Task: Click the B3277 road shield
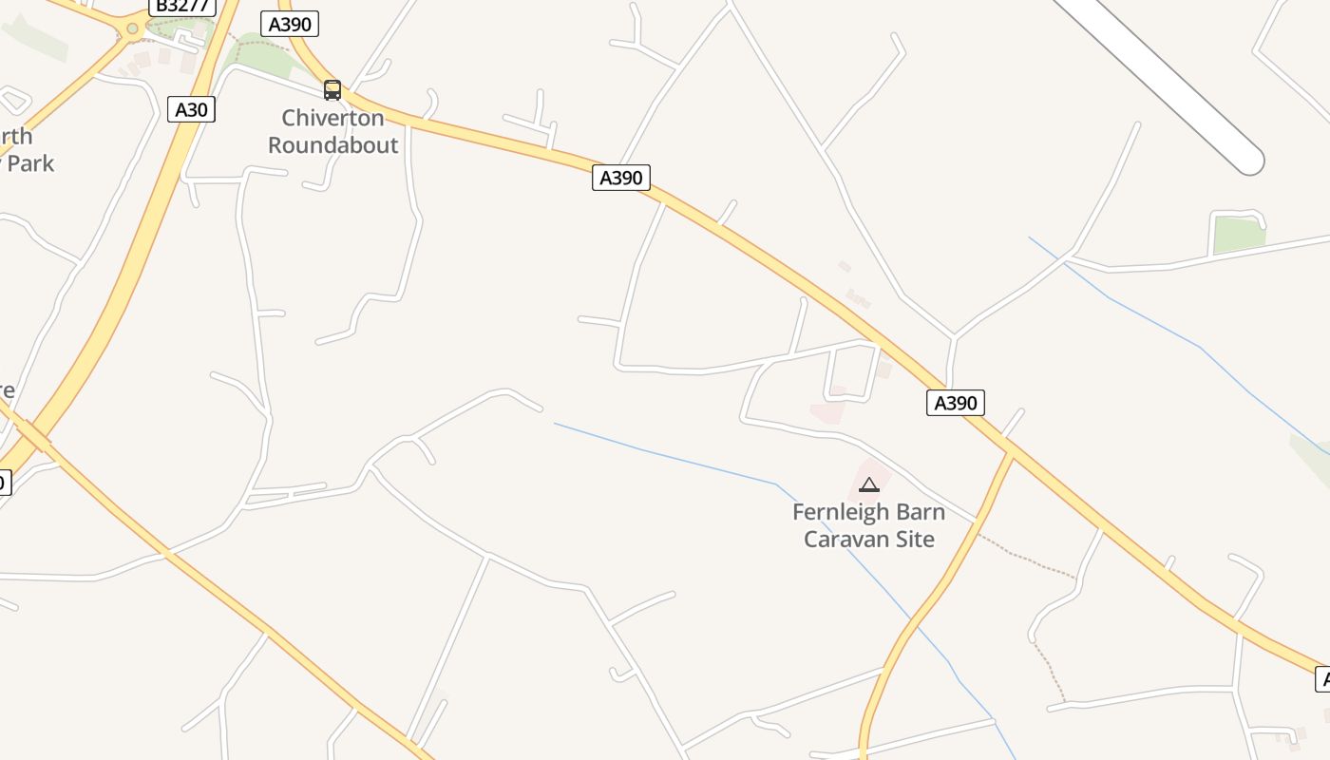(181, 6)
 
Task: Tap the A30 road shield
(191, 109)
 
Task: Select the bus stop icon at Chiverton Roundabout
(332, 90)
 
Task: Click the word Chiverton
(332, 119)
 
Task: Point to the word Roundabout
(332, 145)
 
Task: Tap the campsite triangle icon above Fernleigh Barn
(868, 485)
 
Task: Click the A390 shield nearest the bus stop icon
(290, 24)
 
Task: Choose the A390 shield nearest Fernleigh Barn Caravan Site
(955, 403)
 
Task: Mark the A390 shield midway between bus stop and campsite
(621, 177)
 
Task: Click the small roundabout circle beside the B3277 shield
(132, 28)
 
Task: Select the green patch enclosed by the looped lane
(1237, 234)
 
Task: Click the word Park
(30, 163)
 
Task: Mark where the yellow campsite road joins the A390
(1010, 456)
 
